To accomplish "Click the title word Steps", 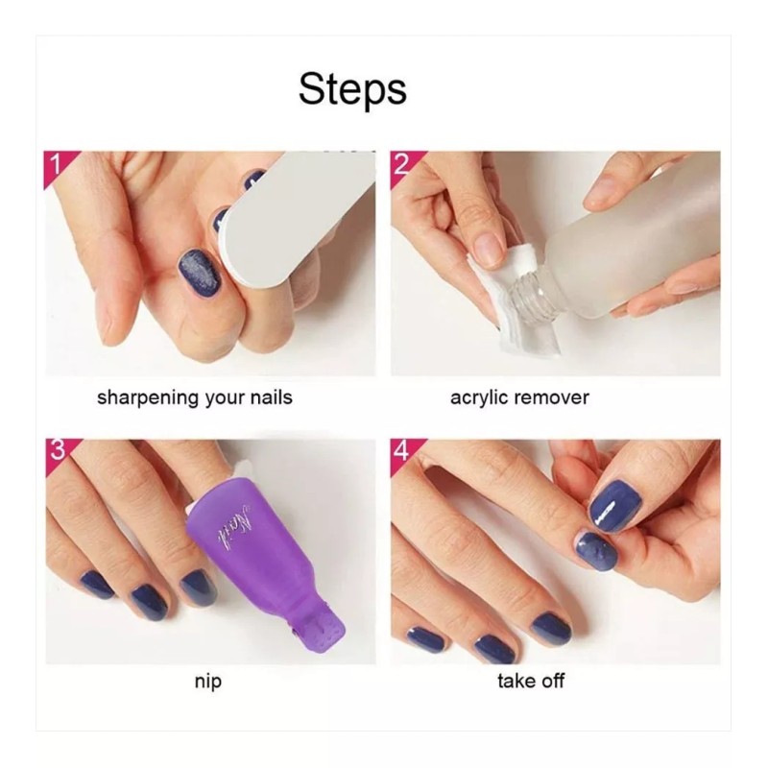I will [352, 88].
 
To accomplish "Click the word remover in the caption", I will [551, 397].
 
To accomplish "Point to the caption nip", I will [207, 683].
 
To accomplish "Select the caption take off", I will [531, 682].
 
